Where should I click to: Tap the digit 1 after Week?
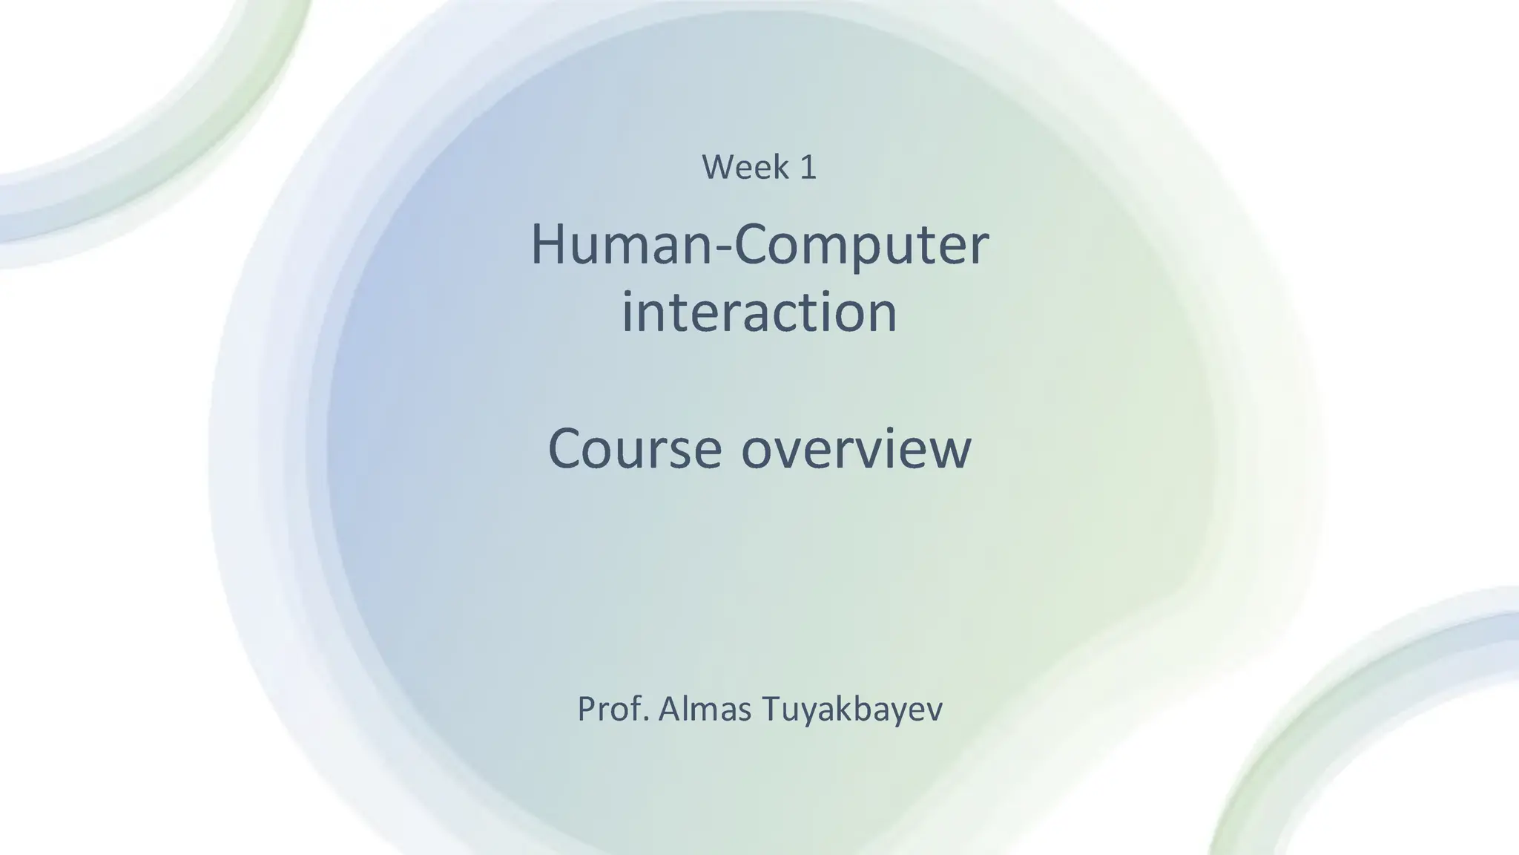pos(808,168)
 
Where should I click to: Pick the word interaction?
pos(759,312)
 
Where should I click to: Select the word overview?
pos(856,450)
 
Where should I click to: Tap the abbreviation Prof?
pos(613,709)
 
